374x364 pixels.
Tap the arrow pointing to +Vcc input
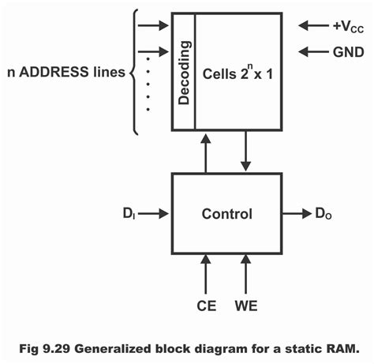click(309, 25)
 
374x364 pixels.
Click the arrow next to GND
click(309, 53)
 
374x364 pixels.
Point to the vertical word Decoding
click(183, 71)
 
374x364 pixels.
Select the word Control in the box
click(226, 213)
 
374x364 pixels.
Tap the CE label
click(206, 303)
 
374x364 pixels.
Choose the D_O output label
click(324, 213)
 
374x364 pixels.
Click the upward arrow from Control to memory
click(206, 152)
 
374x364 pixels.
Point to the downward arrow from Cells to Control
click(247, 152)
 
